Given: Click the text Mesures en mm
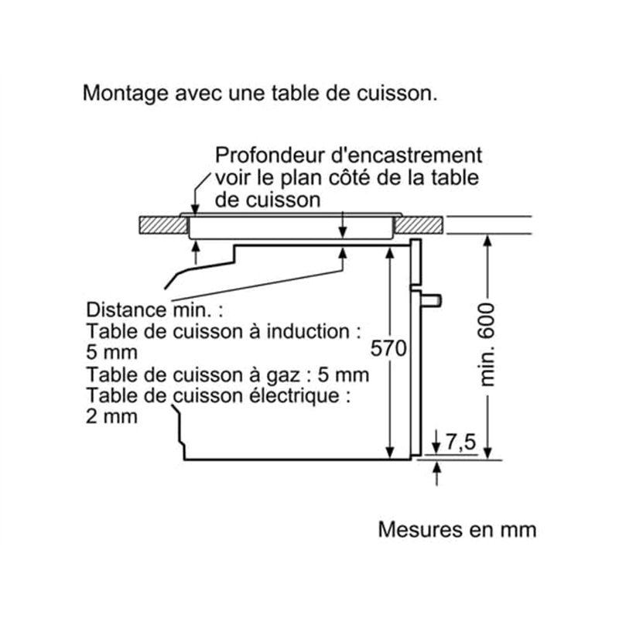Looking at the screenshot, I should (457, 530).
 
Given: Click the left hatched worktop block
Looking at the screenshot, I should (162, 225).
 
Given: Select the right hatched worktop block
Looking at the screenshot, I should (421, 225).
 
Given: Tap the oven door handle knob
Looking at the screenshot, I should (432, 298).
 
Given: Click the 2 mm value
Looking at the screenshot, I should (113, 417).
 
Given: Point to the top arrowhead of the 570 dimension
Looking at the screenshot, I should (391, 251).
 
